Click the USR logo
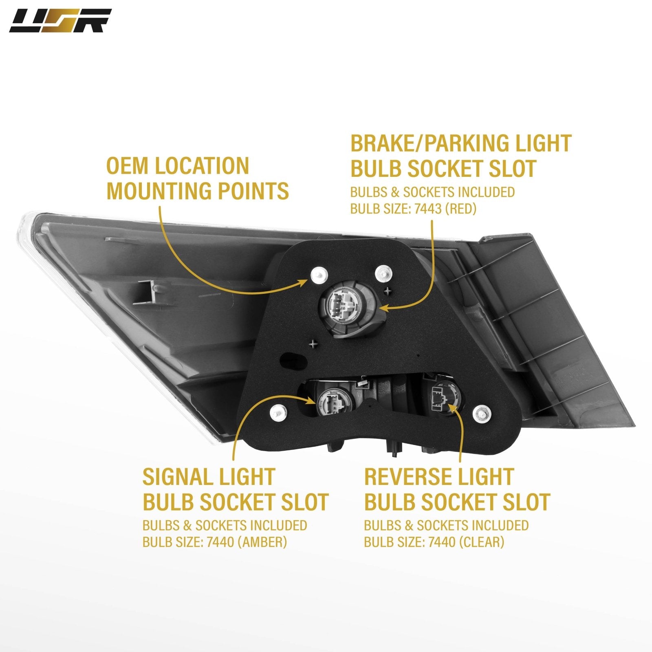click(60, 21)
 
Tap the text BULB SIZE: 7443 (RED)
click(413, 209)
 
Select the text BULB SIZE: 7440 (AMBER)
click(215, 542)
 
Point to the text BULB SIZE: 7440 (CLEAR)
click(434, 542)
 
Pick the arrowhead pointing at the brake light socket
click(383, 308)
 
